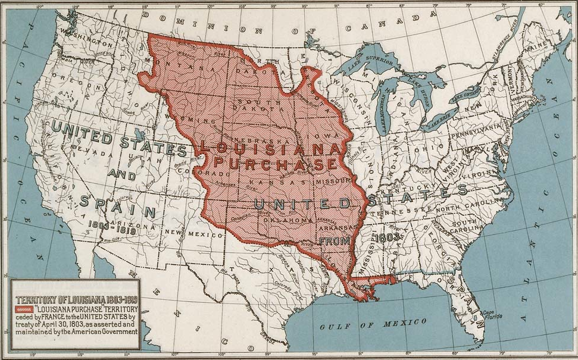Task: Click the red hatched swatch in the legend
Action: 23,309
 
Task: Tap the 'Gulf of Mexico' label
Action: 373,324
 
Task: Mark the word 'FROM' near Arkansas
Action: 333,242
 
